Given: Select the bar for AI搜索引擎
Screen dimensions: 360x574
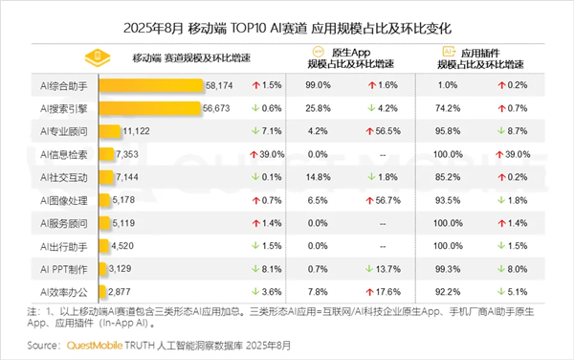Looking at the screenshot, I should coord(149,108).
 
